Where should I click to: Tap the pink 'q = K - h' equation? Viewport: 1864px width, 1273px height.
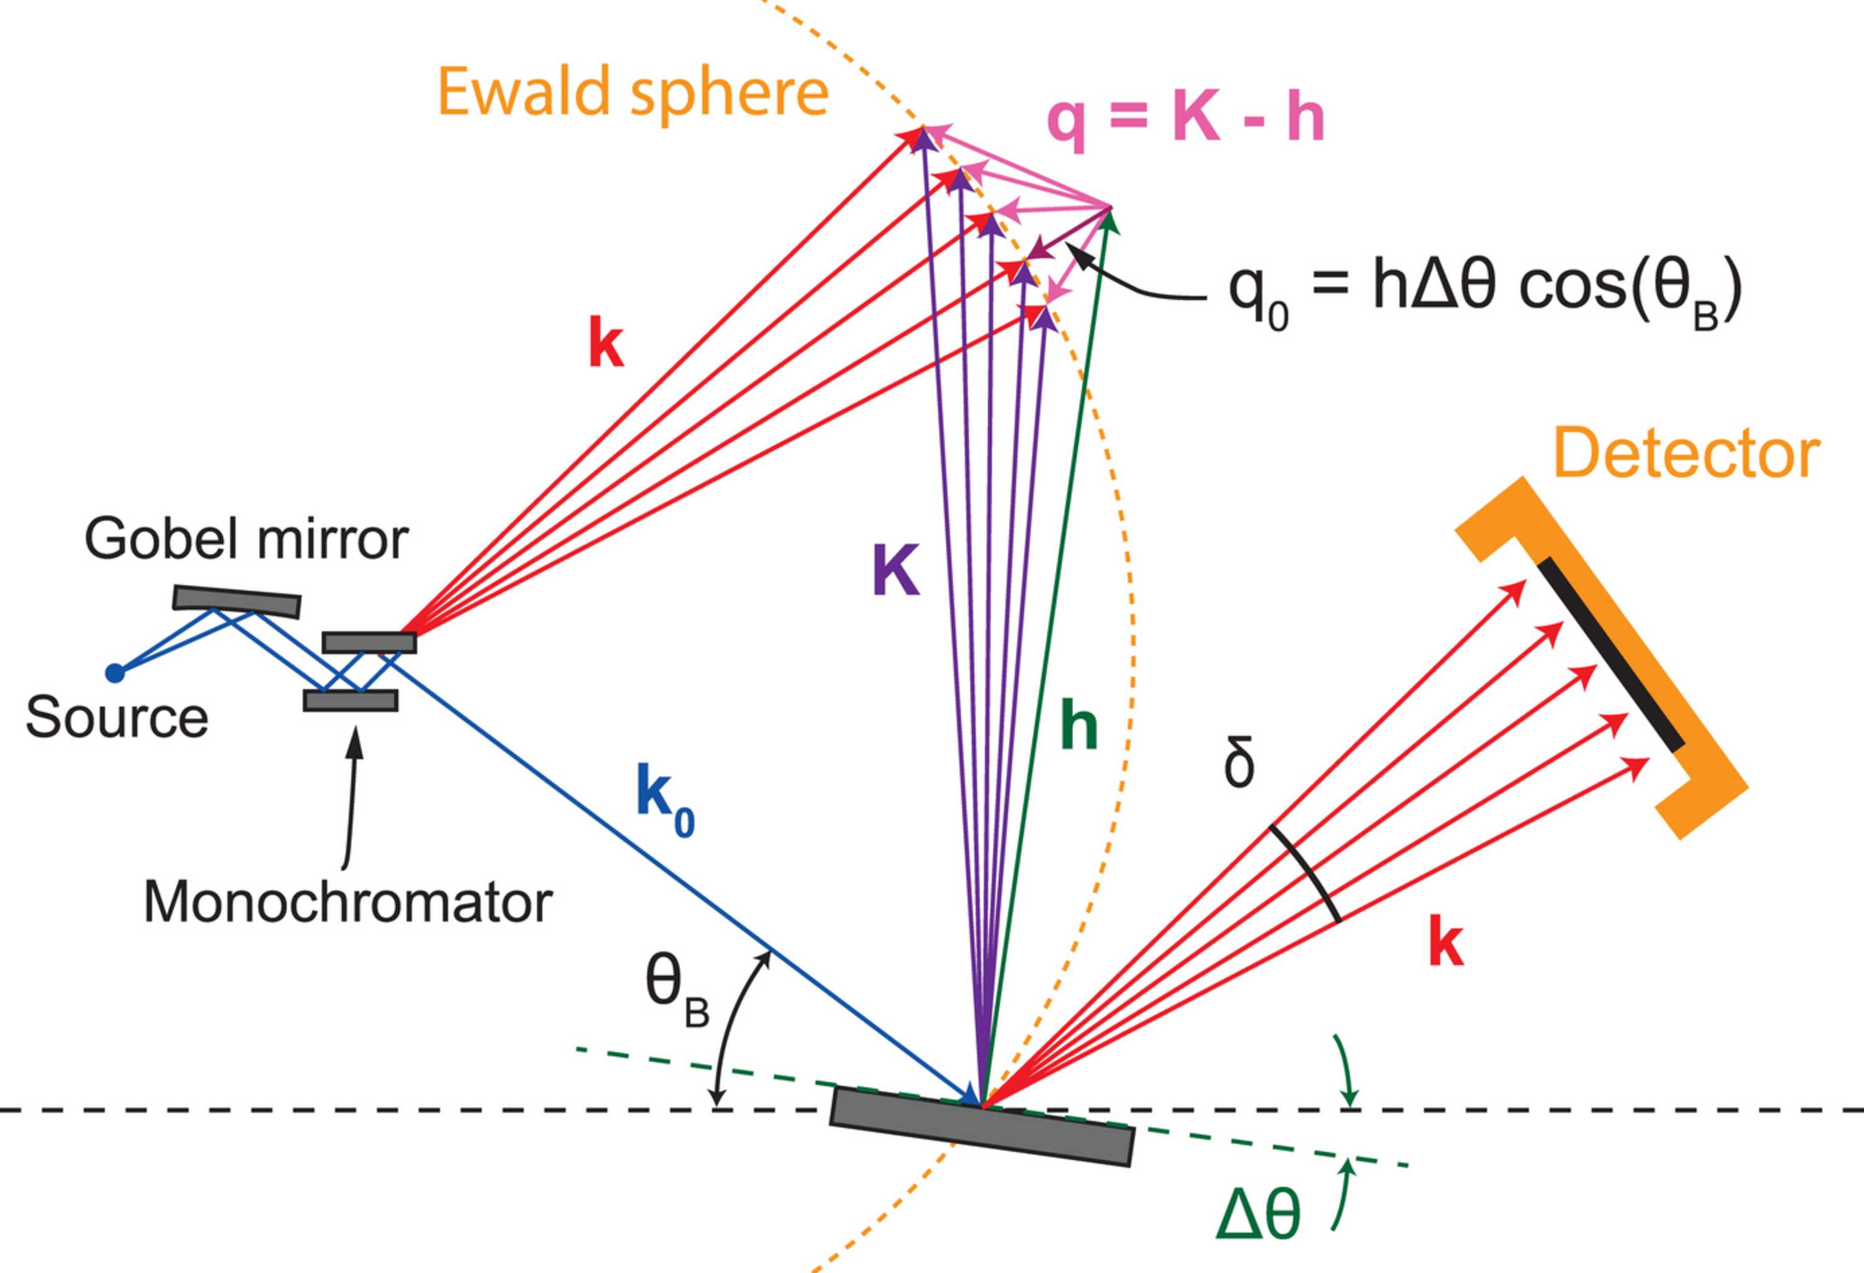tap(1186, 121)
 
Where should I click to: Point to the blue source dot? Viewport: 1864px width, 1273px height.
tap(116, 672)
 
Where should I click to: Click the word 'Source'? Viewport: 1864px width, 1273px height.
tap(117, 716)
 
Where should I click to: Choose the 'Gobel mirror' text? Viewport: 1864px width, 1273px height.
tap(246, 539)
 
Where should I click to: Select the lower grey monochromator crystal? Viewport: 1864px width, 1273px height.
tap(350, 700)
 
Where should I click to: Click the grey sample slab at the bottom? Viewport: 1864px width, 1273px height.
tap(982, 1125)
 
